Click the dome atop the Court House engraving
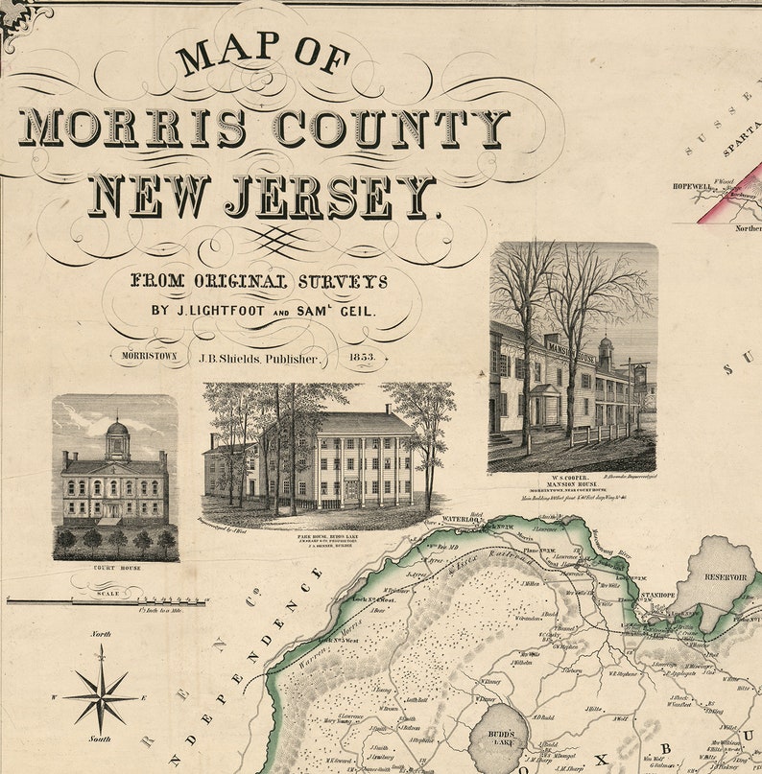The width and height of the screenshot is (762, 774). [x=116, y=430]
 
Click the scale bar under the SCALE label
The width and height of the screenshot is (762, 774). [x=106, y=600]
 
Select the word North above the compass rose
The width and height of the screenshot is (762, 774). [x=101, y=635]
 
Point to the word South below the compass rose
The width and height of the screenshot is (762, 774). [x=101, y=739]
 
